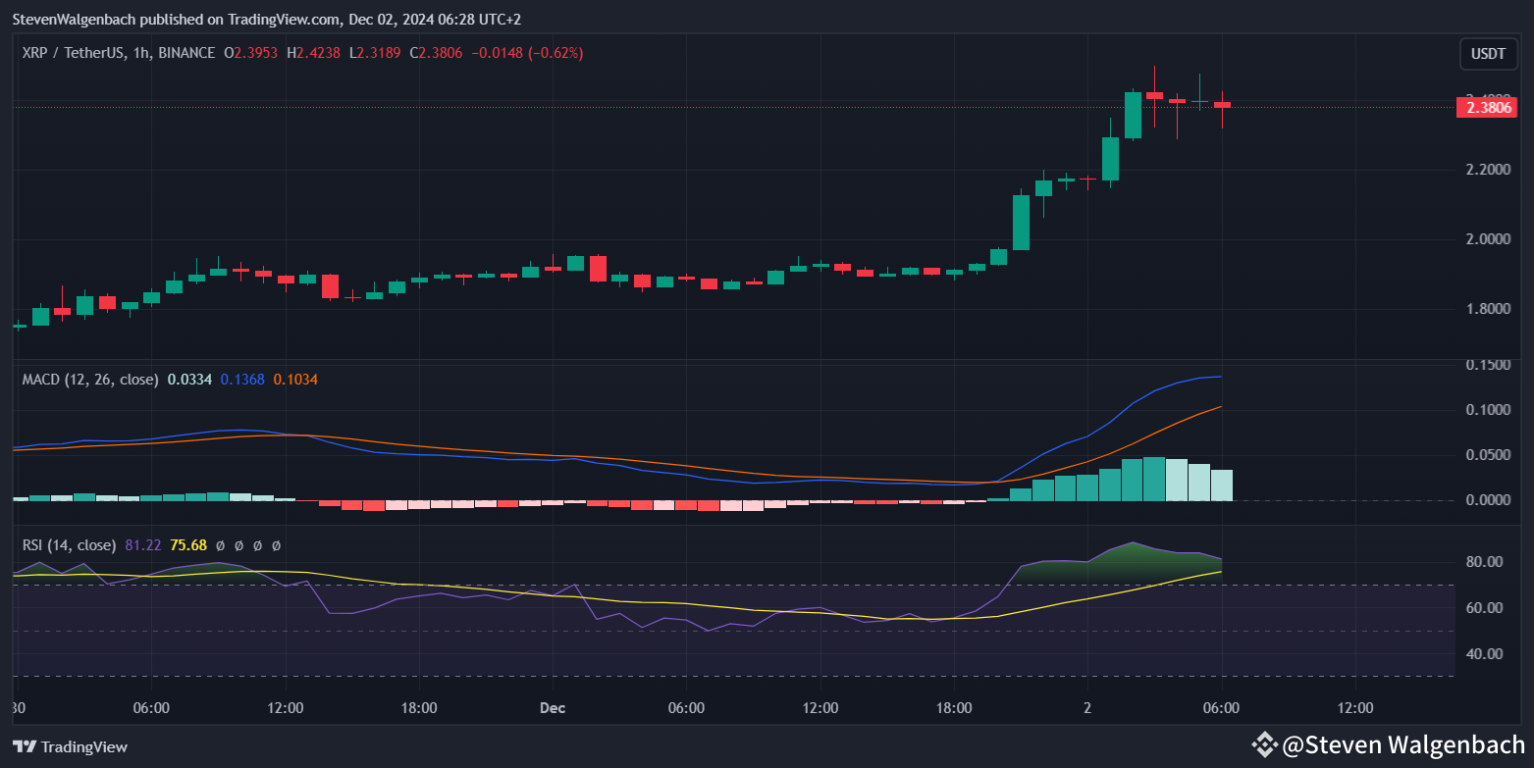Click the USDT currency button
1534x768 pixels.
click(x=1488, y=54)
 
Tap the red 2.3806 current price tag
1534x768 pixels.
click(x=1488, y=107)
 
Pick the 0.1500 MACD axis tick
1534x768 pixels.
click(x=1489, y=365)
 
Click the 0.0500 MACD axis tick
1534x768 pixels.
click(x=1489, y=455)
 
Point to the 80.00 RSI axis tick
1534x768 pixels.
click(x=1484, y=562)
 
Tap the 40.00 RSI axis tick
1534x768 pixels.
click(x=1484, y=653)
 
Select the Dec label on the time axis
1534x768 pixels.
click(x=553, y=708)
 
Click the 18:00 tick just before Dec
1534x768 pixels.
click(x=419, y=708)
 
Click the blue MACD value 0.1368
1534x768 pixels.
click(x=242, y=380)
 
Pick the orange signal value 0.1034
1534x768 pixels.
click(x=295, y=380)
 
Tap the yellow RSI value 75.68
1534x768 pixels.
click(x=187, y=545)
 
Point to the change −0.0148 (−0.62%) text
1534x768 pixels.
click(x=528, y=53)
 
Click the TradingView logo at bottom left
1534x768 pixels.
click(x=70, y=746)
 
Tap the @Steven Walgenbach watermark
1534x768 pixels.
click(x=1388, y=745)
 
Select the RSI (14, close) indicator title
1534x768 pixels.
click(x=69, y=545)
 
